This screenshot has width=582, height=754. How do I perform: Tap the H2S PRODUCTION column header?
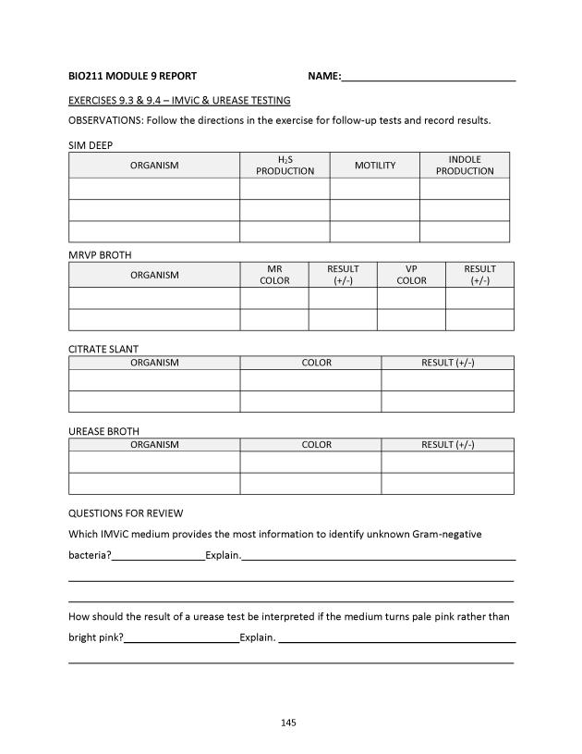(285, 165)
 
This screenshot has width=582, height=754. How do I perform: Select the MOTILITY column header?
(374, 165)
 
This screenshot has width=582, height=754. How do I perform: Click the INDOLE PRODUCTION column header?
(465, 165)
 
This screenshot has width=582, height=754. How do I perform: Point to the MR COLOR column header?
(274, 275)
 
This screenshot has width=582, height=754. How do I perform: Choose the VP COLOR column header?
(411, 275)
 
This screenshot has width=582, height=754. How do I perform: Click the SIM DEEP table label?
(91, 145)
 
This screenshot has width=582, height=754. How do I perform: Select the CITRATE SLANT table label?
(103, 349)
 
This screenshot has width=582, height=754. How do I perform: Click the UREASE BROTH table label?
(103, 431)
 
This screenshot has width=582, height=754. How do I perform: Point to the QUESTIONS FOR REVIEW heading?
(126, 513)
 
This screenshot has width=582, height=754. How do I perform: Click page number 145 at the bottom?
(288, 723)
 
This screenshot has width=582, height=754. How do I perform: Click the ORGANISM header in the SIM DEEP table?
(154, 165)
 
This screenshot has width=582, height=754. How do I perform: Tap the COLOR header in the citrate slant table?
(316, 363)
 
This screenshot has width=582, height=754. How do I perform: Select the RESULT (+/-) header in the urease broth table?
(447, 445)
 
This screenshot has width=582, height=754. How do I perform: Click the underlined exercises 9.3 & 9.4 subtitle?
(179, 100)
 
